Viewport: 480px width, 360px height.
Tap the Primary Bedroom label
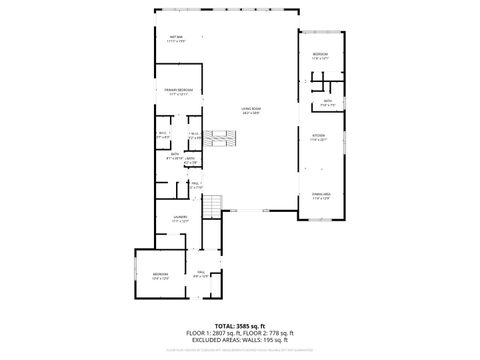[179, 92]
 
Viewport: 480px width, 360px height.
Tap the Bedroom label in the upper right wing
[320, 54]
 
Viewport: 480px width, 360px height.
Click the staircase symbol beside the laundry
[212, 206]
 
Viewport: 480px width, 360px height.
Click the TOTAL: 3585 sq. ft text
[239, 325]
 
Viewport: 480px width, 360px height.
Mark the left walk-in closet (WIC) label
[163, 135]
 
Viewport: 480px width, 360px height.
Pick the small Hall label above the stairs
[197, 184]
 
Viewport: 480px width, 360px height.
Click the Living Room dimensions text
[250, 113]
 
